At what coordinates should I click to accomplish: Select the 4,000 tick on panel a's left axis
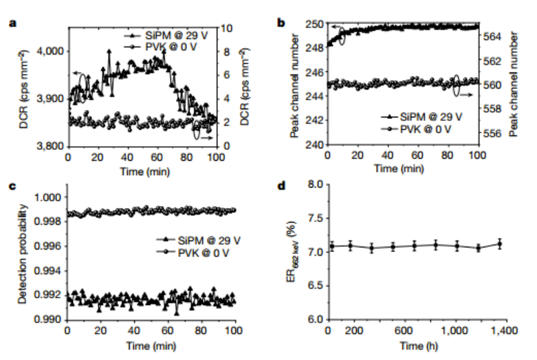(x=50, y=51)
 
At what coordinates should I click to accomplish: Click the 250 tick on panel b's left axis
(x=315, y=24)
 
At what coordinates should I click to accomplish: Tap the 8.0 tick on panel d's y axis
(x=315, y=185)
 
